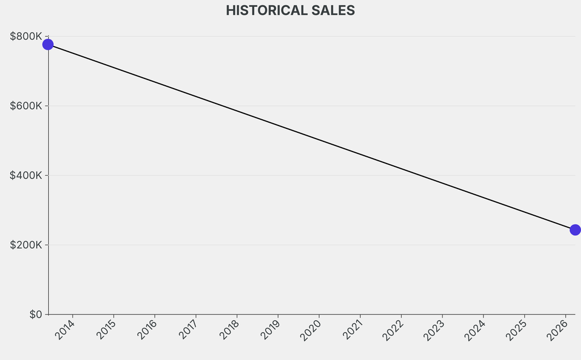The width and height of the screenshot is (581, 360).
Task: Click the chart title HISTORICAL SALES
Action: (290, 10)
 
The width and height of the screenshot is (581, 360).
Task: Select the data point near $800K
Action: (48, 44)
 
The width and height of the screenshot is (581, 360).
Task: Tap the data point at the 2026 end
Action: (575, 230)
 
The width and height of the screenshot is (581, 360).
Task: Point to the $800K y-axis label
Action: (26, 36)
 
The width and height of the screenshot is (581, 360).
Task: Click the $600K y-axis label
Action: (26, 106)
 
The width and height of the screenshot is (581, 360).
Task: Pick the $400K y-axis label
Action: (26, 175)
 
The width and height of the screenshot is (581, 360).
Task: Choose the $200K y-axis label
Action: (26, 245)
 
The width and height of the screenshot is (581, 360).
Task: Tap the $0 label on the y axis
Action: (36, 315)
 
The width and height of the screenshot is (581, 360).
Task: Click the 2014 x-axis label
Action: (65, 329)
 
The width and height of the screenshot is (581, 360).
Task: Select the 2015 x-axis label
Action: (106, 329)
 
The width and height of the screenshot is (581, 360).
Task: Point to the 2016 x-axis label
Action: (147, 329)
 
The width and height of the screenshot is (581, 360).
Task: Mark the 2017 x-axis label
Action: (188, 329)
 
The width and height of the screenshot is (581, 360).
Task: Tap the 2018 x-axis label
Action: (229, 329)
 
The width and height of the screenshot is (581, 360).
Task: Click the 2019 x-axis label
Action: (271, 329)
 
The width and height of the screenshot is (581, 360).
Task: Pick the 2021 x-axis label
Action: (352, 329)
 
